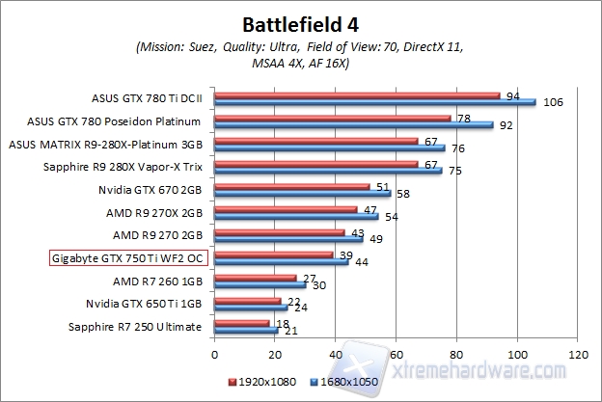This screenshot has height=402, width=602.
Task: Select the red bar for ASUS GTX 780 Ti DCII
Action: (x=357, y=95)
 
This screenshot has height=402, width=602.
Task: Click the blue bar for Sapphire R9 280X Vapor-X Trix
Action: (x=328, y=172)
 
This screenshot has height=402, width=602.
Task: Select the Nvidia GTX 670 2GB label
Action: (x=150, y=190)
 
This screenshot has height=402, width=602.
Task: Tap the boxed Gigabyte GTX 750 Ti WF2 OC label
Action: (x=125, y=258)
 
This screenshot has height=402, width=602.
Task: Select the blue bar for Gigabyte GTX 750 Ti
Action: (x=281, y=262)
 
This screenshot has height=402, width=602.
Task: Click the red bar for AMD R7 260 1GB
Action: (x=255, y=278)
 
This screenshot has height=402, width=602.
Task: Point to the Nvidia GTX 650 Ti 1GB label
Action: (x=145, y=304)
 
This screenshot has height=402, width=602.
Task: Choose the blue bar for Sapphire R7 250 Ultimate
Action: (x=246, y=331)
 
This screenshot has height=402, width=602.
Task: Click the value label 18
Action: (x=283, y=324)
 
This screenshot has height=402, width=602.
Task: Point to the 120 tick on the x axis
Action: (x=578, y=353)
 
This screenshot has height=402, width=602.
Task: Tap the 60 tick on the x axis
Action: (x=397, y=353)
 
